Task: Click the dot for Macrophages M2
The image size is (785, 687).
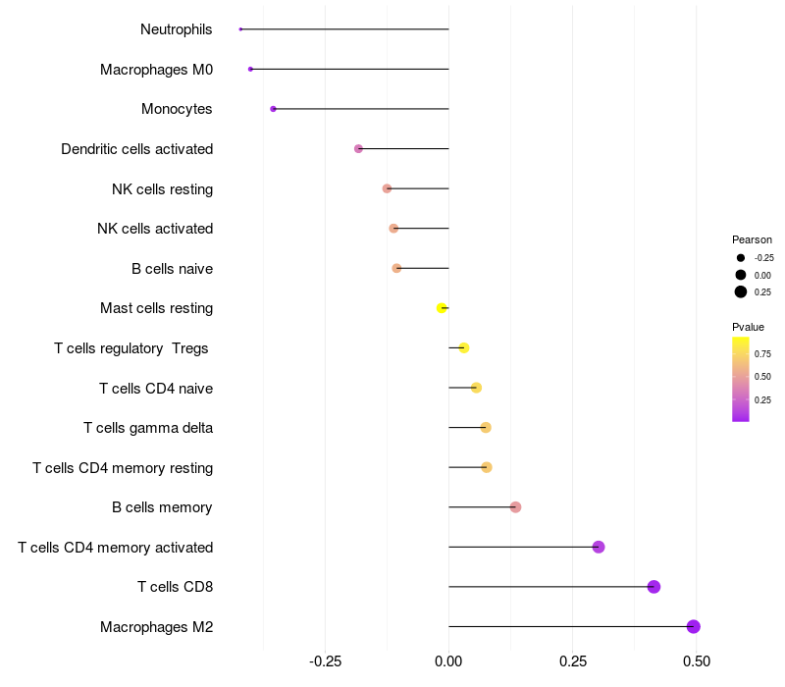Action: (x=693, y=626)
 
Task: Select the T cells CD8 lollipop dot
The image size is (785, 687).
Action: (x=654, y=587)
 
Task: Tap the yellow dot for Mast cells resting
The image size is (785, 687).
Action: (x=442, y=308)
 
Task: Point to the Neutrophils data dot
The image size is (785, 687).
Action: (x=240, y=29)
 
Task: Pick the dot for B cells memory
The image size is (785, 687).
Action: (x=515, y=506)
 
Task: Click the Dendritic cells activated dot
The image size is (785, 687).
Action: (x=358, y=148)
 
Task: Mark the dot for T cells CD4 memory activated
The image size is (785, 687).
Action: (x=599, y=547)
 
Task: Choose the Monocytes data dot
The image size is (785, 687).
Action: (x=273, y=109)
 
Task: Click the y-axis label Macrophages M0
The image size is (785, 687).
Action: (x=156, y=70)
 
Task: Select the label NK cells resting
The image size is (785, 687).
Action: (x=162, y=188)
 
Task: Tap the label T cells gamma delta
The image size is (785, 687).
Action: (x=148, y=428)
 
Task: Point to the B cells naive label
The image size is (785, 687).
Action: (x=172, y=269)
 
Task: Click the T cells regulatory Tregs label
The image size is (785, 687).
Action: (x=131, y=348)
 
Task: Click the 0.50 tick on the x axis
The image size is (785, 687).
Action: (x=696, y=661)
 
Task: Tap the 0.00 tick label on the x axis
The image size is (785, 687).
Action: (x=448, y=661)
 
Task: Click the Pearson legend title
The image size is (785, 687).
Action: (x=752, y=239)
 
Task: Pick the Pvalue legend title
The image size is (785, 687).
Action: (x=748, y=327)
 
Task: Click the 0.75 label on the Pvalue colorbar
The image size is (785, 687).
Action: (x=762, y=353)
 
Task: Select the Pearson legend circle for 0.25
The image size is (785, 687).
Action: (x=741, y=291)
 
